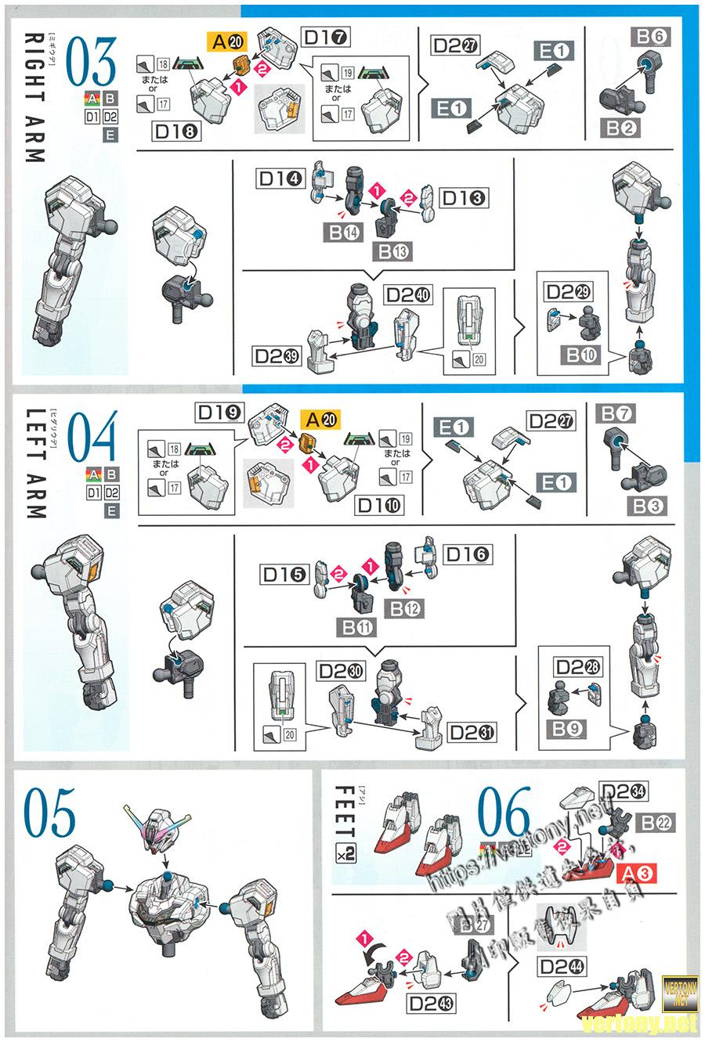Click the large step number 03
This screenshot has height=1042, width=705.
(x=92, y=62)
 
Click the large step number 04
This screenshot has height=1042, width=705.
(x=92, y=436)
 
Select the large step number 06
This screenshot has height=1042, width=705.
(x=504, y=815)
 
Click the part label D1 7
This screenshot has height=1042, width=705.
(x=326, y=37)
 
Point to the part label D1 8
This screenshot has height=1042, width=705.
(x=176, y=131)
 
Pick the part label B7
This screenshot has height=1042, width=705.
(x=616, y=413)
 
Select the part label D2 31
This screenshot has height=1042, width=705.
(x=472, y=731)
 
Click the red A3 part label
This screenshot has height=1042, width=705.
(x=635, y=874)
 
